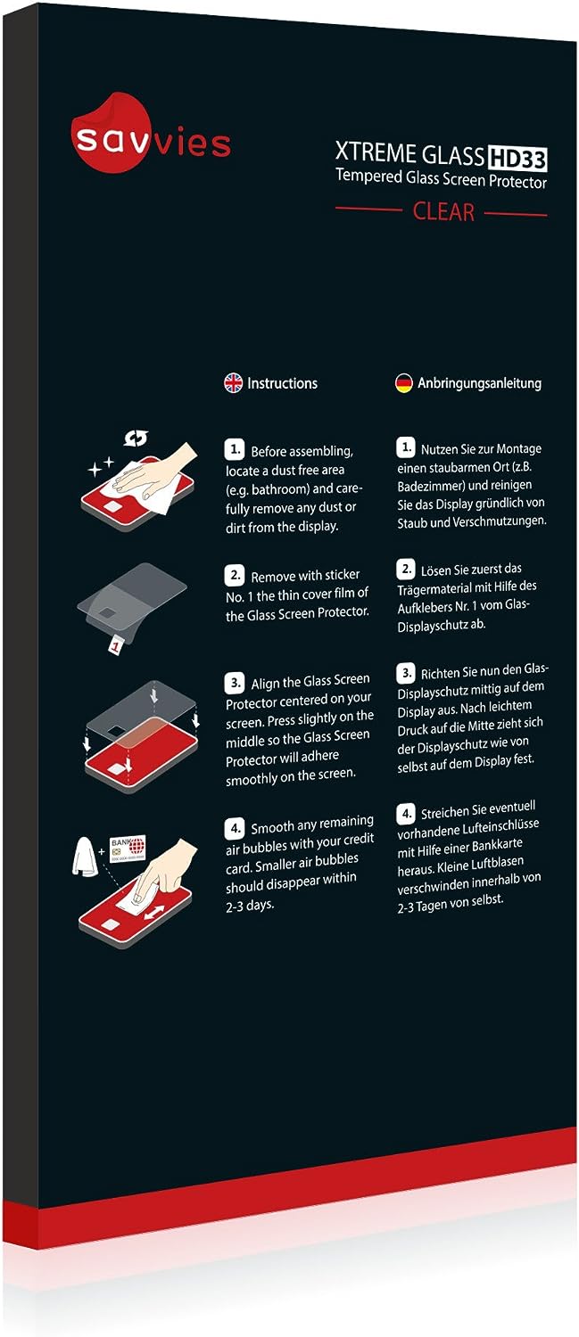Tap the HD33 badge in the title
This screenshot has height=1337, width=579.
point(517,158)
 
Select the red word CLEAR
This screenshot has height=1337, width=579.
point(443,212)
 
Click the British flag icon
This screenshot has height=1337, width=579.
point(233,382)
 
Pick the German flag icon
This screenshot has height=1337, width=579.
point(404,383)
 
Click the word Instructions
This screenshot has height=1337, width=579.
point(282,383)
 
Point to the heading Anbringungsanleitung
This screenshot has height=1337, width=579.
point(479,383)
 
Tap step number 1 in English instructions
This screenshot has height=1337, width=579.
point(235,449)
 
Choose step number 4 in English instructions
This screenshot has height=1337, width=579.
point(235,828)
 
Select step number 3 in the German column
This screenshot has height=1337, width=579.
point(406,673)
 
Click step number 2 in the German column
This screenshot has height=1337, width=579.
point(406,569)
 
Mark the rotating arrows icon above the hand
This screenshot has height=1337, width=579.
point(136,439)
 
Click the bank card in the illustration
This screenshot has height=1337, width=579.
point(128,849)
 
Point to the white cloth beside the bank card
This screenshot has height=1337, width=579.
point(85,856)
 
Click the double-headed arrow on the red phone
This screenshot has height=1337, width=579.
point(153,914)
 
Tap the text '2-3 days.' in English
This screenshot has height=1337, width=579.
point(250,906)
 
